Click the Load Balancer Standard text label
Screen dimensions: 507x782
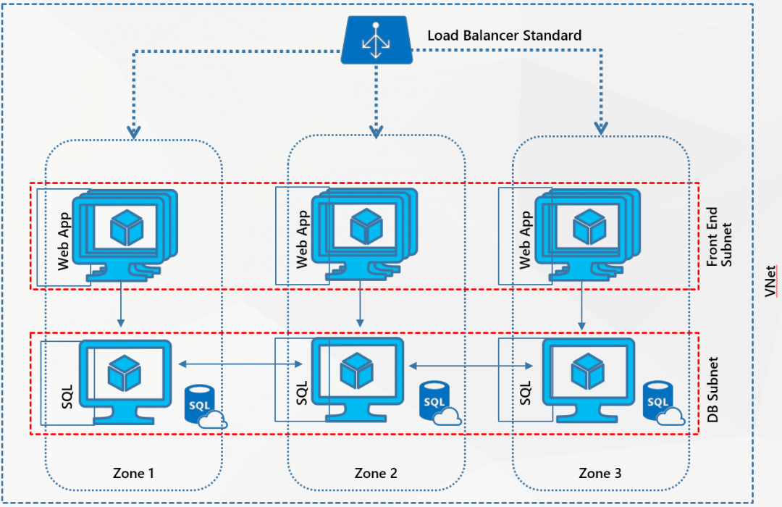pyautogui.click(x=504, y=35)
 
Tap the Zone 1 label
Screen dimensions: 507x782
pyautogui.click(x=133, y=473)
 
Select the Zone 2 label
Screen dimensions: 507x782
pyautogui.click(x=375, y=473)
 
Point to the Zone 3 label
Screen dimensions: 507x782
pyautogui.click(x=600, y=473)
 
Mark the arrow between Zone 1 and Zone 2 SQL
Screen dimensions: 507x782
pyautogui.click(x=240, y=364)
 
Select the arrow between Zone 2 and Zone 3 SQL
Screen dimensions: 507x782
pyautogui.click(x=467, y=366)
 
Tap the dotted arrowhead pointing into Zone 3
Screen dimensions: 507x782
pyautogui.click(x=600, y=127)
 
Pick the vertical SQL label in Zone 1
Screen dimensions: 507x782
pyautogui.click(x=62, y=394)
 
